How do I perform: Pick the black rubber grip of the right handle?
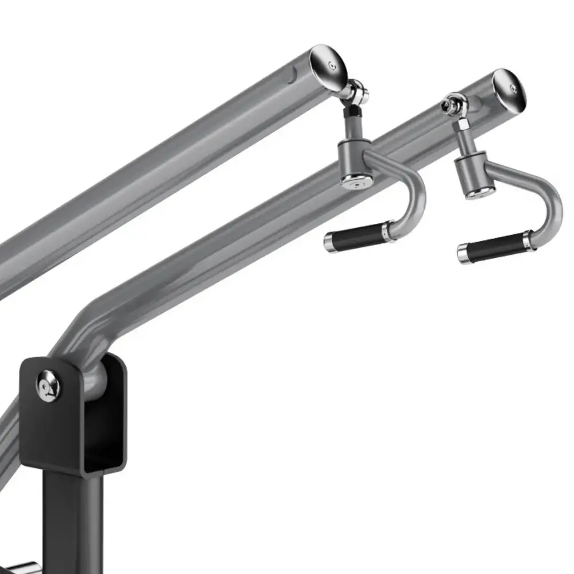pyautogui.click(x=495, y=247)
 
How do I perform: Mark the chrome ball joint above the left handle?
pyautogui.click(x=358, y=92)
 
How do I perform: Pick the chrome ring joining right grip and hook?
pyautogui.click(x=528, y=241)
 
